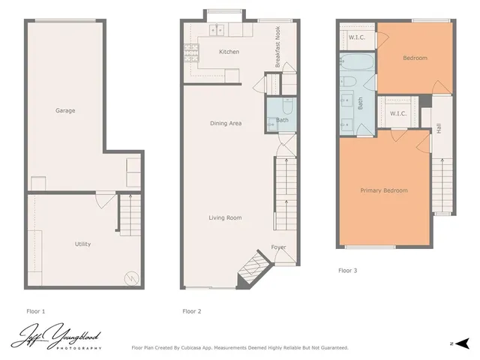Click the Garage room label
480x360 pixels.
[x=65, y=111]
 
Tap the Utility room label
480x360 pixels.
[x=82, y=244]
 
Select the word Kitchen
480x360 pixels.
[x=229, y=52]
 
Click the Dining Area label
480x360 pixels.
[x=225, y=123]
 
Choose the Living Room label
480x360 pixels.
[x=225, y=217]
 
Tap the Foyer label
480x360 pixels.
[x=278, y=247]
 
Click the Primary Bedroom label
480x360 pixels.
[x=384, y=190]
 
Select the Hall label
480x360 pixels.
[x=439, y=129]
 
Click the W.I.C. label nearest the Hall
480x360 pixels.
[x=397, y=113]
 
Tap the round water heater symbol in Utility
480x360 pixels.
[x=132, y=277]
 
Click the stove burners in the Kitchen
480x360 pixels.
[x=189, y=52]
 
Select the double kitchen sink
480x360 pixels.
[x=217, y=31]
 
